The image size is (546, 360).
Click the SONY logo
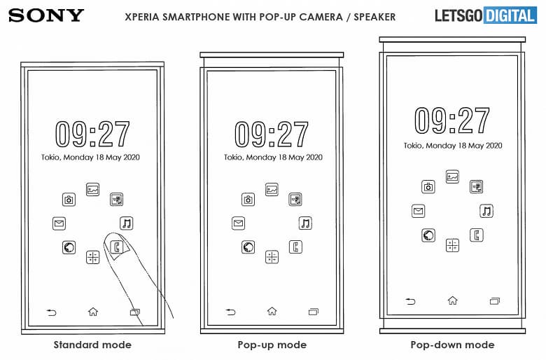47,15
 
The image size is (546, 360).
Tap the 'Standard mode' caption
92,345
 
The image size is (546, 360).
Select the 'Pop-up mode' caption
272,345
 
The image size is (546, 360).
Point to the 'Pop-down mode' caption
452,345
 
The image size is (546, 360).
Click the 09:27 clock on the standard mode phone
92,134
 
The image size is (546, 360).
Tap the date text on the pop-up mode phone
272,158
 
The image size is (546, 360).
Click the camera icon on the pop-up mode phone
248,200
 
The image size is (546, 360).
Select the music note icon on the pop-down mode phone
486,211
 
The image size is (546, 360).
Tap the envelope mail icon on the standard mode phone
59,223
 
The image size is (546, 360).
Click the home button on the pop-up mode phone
272,312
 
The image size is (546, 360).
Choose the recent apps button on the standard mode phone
134,312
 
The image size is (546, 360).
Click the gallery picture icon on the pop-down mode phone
452,176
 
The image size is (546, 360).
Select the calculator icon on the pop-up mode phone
272,257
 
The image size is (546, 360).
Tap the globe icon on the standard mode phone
69,247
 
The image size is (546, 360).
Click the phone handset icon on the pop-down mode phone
477,235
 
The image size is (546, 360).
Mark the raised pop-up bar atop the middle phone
272,55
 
